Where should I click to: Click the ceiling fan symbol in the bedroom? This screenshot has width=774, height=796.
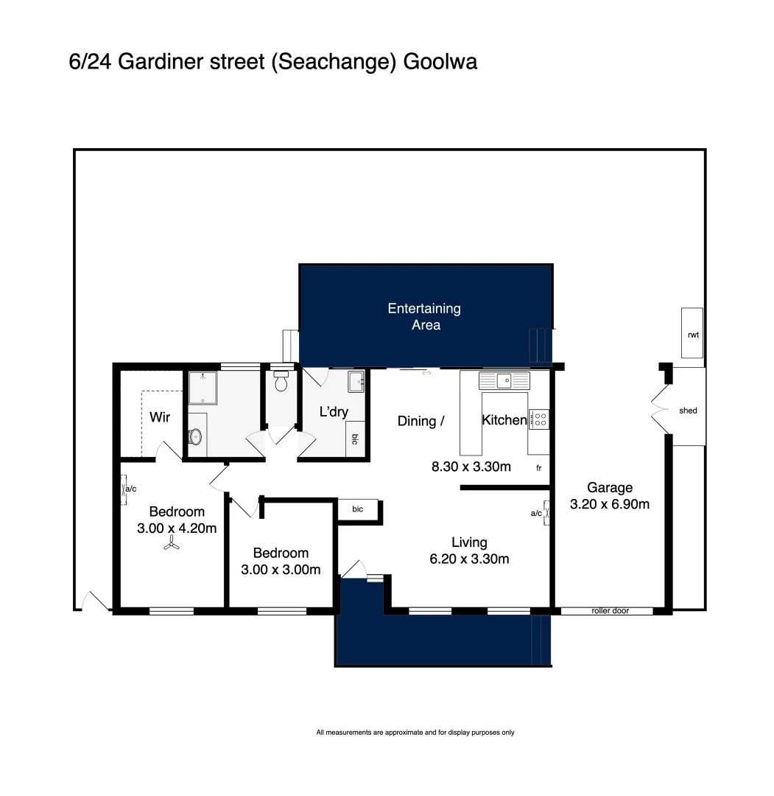[x=171, y=545]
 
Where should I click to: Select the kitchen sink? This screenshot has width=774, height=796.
[x=504, y=380]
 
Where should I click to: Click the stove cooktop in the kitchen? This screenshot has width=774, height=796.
[x=539, y=419]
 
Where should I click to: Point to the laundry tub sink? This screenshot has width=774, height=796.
[x=356, y=382]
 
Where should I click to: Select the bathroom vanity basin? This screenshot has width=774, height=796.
[x=195, y=437]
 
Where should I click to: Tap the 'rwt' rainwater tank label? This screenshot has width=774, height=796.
[x=692, y=335]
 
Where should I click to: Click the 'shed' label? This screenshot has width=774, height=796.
[x=688, y=411]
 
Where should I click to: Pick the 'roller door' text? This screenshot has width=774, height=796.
[x=610, y=611]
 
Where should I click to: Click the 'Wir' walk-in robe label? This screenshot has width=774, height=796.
[x=160, y=417]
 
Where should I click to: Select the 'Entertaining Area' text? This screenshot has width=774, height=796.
[x=425, y=316]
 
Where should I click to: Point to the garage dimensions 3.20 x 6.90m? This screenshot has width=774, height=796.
[x=610, y=505]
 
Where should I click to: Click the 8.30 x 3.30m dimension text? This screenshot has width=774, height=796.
[x=471, y=466]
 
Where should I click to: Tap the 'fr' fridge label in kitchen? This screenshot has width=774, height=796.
[x=538, y=467]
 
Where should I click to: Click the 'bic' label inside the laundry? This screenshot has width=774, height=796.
[x=354, y=439]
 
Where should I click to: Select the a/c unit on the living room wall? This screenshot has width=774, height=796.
[x=546, y=513]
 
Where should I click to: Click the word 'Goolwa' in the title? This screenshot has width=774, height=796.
[x=440, y=62]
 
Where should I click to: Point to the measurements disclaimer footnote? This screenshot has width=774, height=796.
[x=415, y=733]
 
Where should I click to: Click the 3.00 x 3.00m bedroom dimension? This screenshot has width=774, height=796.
[x=281, y=570]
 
